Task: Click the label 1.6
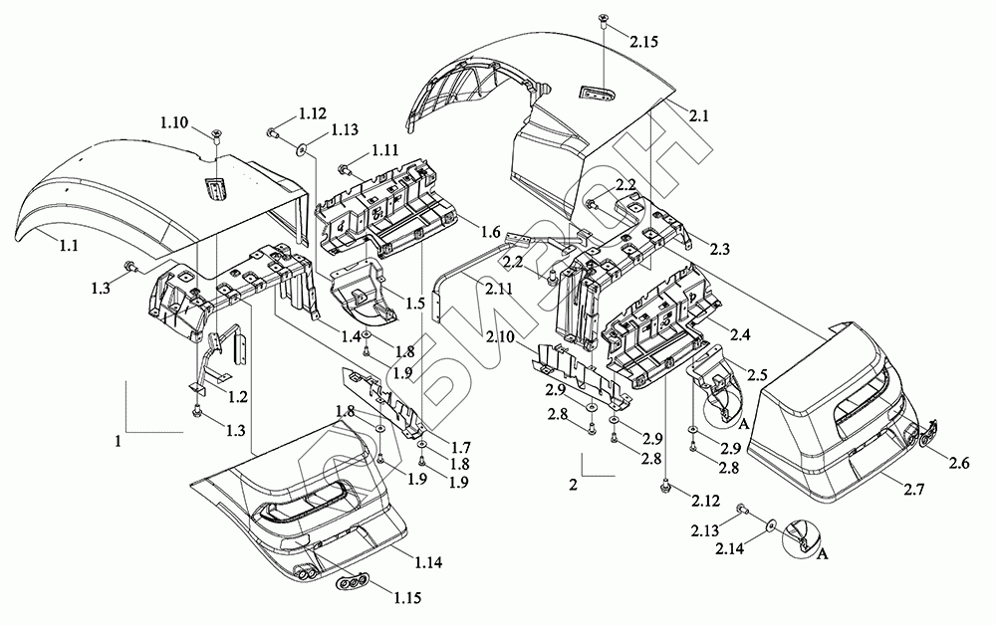[x=489, y=231]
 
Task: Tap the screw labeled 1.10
[x=216, y=136]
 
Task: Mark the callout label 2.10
[x=502, y=339]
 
